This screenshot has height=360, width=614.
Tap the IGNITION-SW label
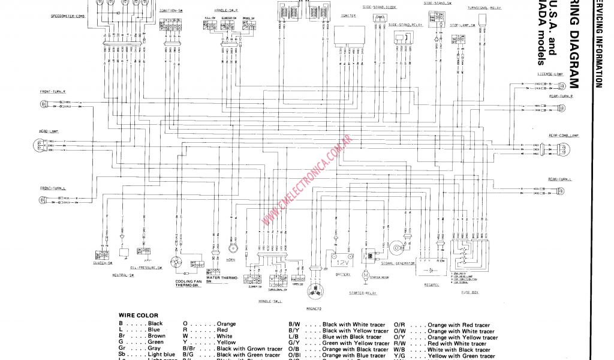click(171, 11)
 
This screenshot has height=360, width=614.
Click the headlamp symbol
click(40, 145)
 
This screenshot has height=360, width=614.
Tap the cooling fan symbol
click(177, 263)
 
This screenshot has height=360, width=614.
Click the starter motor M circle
click(365, 273)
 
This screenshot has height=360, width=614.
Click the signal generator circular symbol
click(396, 247)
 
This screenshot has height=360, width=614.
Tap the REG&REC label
click(432, 284)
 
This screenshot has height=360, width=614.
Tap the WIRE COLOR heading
click(138, 315)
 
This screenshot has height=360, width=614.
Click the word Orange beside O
click(226, 323)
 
